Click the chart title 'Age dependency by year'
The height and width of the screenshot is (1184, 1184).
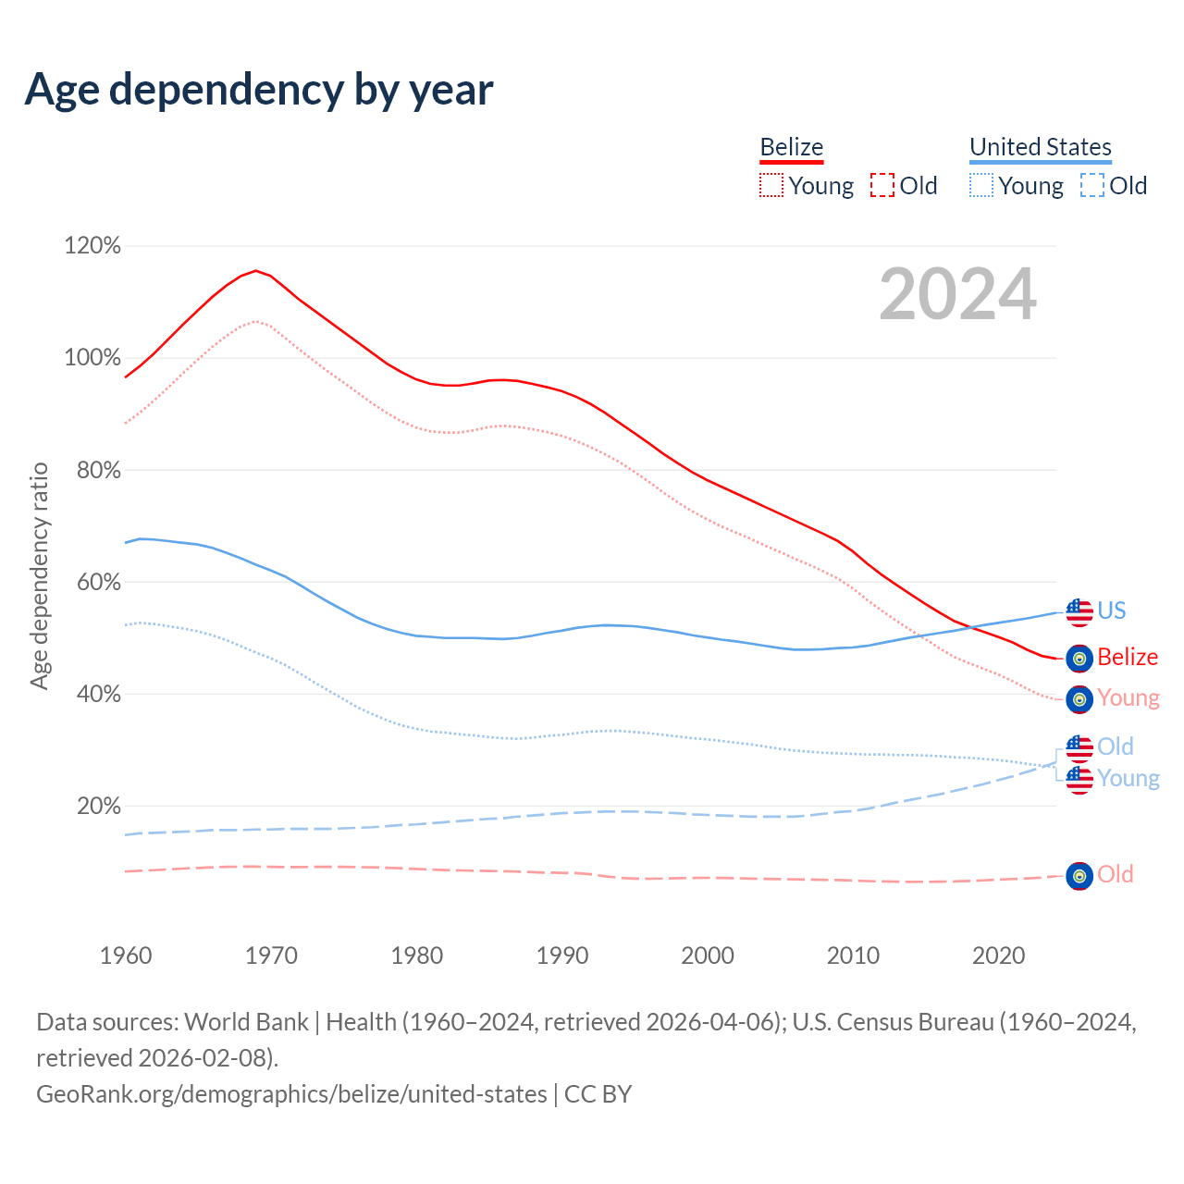pos(259,90)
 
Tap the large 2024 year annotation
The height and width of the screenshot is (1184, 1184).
pos(957,294)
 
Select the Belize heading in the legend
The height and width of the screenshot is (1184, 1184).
pos(791,147)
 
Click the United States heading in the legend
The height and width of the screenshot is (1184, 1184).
pos(1040,147)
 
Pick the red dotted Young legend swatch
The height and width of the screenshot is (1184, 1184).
pos(771,186)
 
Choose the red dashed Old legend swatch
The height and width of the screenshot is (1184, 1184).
pos(882,186)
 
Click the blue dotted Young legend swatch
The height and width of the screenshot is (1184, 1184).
pos(980,186)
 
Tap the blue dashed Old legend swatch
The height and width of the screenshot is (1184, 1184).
pos(1092,186)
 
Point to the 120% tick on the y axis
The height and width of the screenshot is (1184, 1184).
pos(92,246)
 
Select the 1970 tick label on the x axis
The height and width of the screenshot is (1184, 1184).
pos(271,956)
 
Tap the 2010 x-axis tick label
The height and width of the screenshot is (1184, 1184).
pos(853,956)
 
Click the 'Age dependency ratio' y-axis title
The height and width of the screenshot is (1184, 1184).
pos(39,576)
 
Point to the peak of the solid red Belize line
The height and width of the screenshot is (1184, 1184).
pos(256,270)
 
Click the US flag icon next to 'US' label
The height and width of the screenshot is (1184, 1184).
pos(1079,611)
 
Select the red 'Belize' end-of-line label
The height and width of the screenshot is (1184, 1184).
pos(1128,658)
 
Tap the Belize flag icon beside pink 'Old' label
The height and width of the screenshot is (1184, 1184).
pos(1079,875)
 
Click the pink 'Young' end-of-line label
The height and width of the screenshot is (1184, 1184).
pos(1128,698)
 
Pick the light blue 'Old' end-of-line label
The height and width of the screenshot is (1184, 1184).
pos(1116,746)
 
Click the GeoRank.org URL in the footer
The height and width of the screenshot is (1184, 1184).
pos(291,1094)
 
